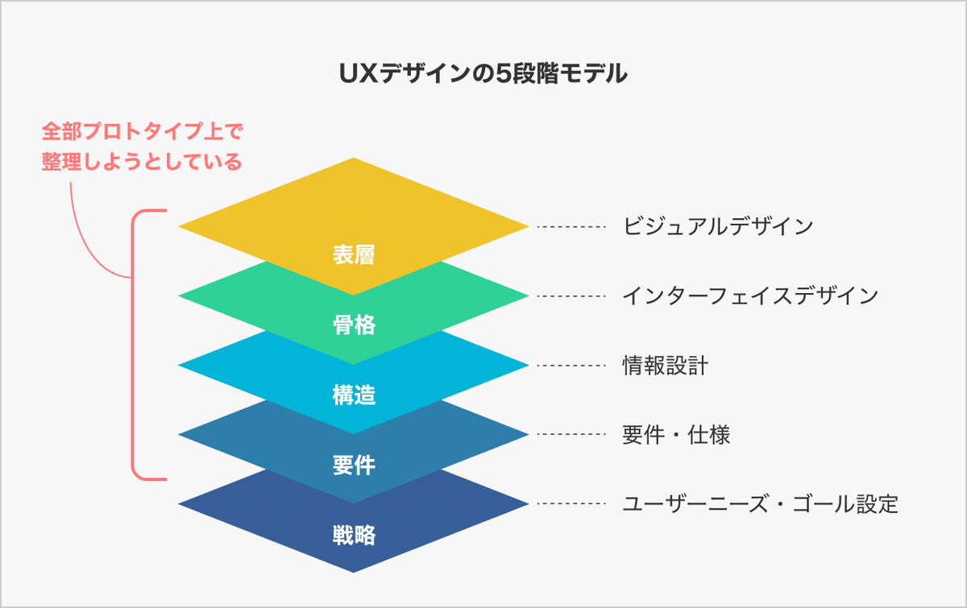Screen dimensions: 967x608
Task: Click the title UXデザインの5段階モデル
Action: (483, 74)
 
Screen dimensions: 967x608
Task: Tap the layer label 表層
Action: (354, 254)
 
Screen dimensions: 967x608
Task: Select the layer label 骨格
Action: (354, 325)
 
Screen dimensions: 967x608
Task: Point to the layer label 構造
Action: (354, 395)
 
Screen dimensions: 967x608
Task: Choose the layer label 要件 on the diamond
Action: (354, 465)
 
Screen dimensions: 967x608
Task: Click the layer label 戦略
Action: (354, 535)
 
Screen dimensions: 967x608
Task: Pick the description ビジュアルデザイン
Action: (718, 226)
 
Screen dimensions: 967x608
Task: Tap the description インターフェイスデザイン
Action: (750, 296)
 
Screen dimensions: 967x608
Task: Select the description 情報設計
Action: (666, 366)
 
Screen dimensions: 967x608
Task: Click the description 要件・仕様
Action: (676, 435)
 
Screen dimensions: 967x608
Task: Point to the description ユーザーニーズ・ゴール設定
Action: (760, 504)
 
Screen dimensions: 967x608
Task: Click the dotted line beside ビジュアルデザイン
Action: (571, 226)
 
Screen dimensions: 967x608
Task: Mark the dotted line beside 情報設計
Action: (571, 366)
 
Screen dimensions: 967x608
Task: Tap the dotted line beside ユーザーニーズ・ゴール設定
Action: (571, 503)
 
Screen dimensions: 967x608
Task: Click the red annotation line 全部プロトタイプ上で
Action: (143, 131)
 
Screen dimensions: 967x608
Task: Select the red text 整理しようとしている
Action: (142, 161)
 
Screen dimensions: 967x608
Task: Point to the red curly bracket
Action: (132, 345)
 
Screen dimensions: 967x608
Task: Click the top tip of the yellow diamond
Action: (354, 158)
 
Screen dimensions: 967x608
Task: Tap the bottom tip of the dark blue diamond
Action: (354, 573)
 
